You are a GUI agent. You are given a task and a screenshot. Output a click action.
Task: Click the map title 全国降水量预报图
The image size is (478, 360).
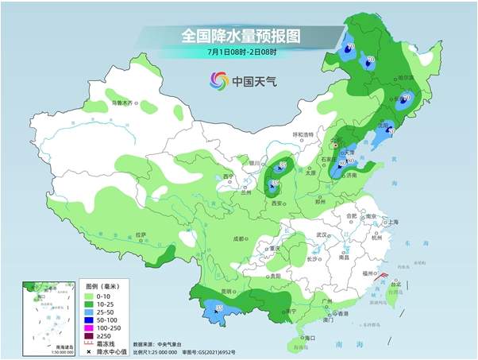coord(238,36)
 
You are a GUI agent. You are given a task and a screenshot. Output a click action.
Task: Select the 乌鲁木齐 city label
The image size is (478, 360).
coord(122,103)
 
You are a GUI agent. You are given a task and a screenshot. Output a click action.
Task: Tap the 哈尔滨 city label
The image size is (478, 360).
coord(407,78)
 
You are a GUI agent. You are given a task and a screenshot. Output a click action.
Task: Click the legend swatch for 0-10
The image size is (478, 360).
coord(91,296)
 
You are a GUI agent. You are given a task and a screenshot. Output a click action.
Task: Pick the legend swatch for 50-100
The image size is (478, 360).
coord(91,319)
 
